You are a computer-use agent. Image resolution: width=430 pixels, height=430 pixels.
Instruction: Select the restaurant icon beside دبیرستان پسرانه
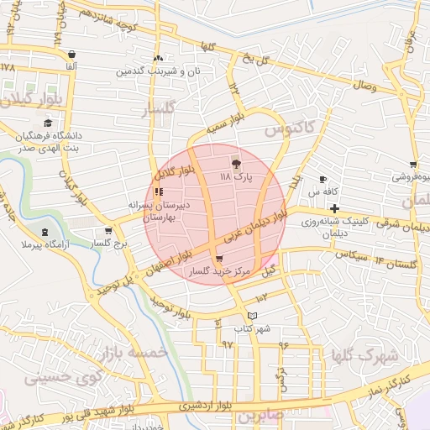coord(159,192)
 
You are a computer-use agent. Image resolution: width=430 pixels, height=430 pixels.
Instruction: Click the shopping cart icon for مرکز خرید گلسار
coord(219,259)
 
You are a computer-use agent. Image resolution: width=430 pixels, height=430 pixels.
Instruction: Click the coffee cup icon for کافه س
coord(323,180)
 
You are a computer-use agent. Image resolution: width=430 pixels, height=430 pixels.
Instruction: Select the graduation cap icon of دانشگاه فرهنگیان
coord(47,123)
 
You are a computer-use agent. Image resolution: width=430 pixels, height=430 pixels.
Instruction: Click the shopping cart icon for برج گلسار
coord(108,231)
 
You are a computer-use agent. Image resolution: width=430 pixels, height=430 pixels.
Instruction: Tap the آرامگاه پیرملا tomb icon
coord(45,232)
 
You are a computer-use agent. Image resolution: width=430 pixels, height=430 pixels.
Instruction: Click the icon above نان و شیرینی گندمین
coord(158,59)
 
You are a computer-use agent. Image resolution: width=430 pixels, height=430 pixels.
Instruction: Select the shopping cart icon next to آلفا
coord(73,52)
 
